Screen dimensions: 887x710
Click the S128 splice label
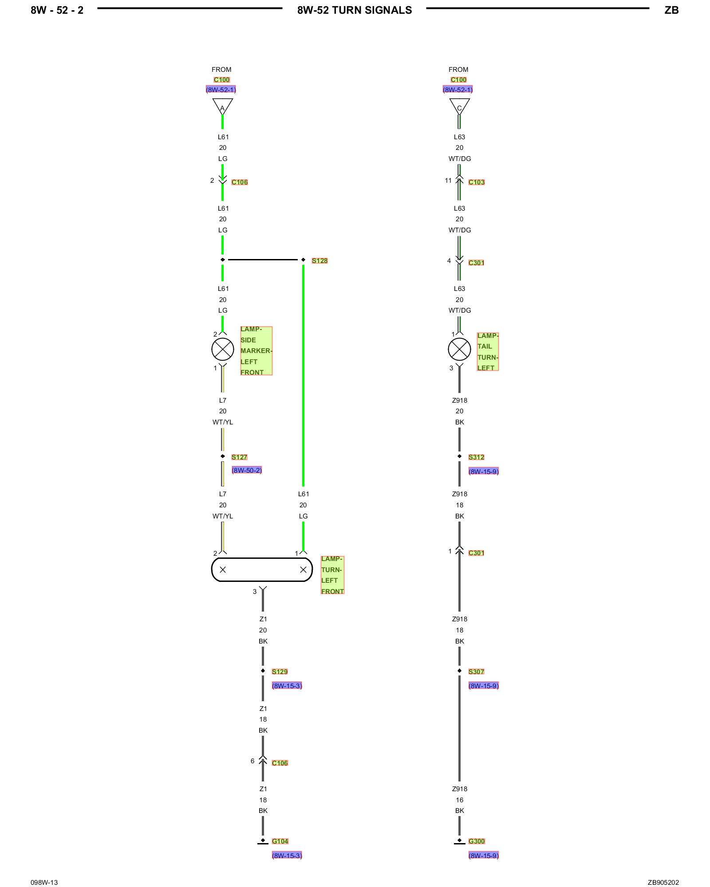coord(319,261)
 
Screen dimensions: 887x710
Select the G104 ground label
coord(280,841)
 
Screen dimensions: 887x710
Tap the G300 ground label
coord(477,841)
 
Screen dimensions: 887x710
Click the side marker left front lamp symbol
coord(223,349)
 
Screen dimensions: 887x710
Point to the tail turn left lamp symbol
coord(459,349)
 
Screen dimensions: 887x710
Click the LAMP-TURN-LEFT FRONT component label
coord(332,575)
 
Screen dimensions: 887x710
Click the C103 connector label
coord(477,182)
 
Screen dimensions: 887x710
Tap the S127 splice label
coord(239,457)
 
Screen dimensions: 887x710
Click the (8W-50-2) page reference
coord(247,470)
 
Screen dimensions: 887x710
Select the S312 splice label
coord(476,457)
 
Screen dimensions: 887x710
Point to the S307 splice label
coord(476,672)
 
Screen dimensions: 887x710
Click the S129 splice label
coord(280,672)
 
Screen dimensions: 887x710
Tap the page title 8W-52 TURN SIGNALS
coord(355,10)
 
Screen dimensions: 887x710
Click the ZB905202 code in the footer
coord(663,883)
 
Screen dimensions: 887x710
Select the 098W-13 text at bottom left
coord(44,883)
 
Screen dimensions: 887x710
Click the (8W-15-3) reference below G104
coord(287,856)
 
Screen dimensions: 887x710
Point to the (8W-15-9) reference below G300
coord(483,856)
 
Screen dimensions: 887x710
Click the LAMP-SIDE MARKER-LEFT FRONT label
coord(256,351)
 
